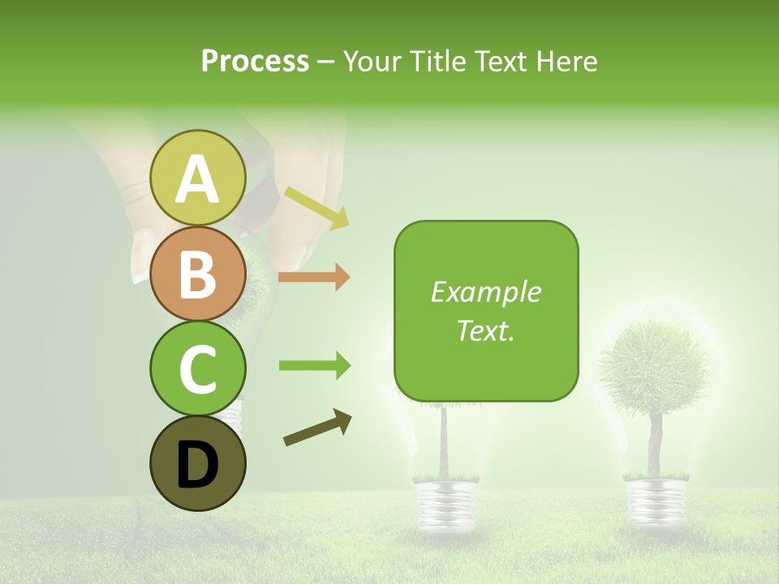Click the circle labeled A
(x=198, y=178)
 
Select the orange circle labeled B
(x=198, y=274)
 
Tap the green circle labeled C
(x=198, y=369)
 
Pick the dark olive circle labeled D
(x=198, y=464)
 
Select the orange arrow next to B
(x=314, y=277)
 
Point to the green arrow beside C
(x=315, y=366)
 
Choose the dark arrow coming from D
(x=317, y=428)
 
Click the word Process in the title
(x=255, y=61)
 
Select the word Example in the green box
(x=485, y=292)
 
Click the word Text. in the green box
(x=485, y=330)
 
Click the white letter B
(x=198, y=274)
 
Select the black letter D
(x=198, y=465)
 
